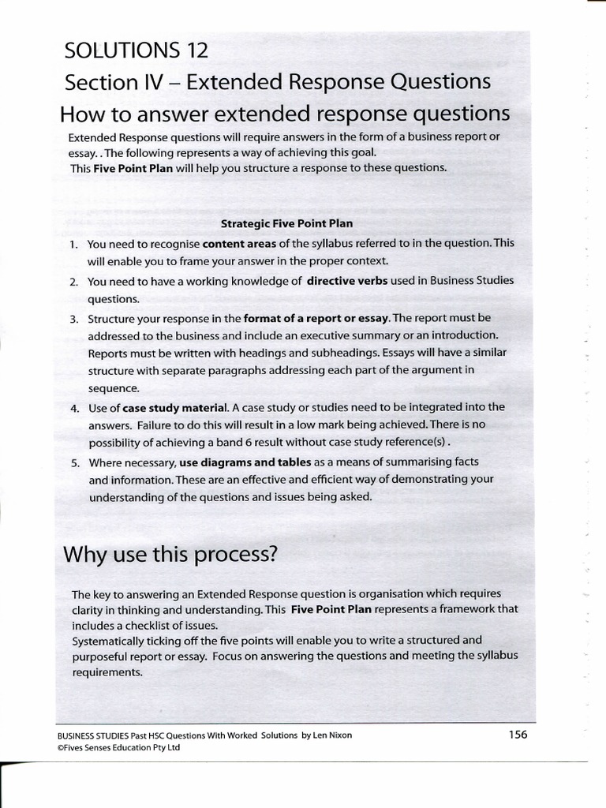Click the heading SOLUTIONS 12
click(137, 50)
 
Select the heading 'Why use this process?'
click(170, 554)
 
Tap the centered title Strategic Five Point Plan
click(286, 223)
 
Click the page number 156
click(518, 735)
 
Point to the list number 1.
click(72, 244)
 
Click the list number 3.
click(73, 319)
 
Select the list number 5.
click(73, 462)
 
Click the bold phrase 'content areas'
click(239, 243)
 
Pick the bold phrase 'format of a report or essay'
click(316, 318)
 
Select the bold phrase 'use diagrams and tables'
click(245, 462)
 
